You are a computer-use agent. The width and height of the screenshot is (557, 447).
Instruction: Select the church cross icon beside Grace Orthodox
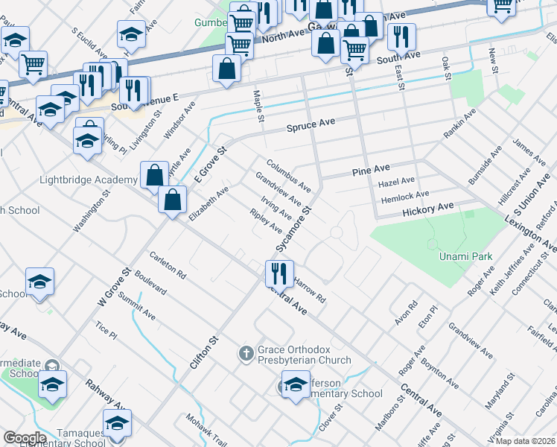pos(246,354)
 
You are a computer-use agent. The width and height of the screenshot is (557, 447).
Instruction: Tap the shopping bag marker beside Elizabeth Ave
pos(173,200)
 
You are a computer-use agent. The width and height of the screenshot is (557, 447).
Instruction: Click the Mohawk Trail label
pos(206,429)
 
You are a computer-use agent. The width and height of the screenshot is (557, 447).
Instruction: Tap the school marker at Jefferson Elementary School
pos(296,387)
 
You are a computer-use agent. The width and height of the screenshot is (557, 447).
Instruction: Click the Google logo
pos(25,438)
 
